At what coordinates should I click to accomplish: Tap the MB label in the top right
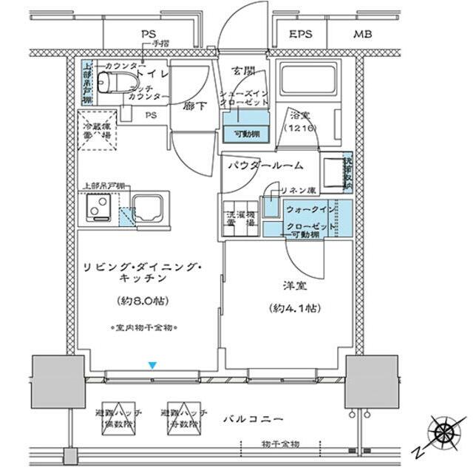point(362,34)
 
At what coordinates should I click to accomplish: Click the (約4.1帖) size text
point(293,307)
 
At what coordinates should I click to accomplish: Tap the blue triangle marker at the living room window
point(152,365)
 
